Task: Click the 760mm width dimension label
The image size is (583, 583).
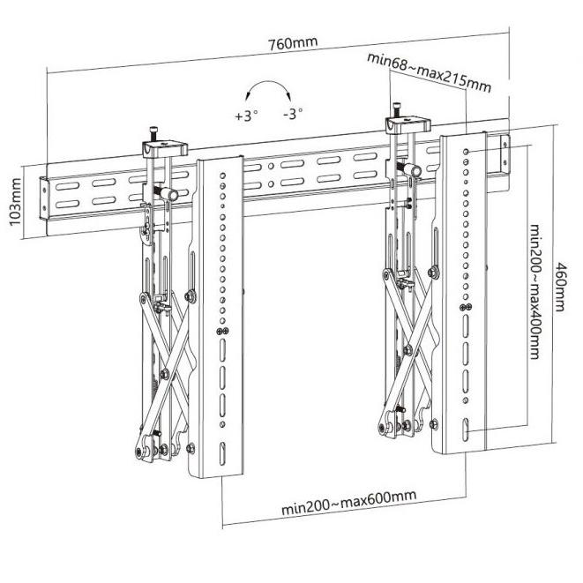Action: pos(293,43)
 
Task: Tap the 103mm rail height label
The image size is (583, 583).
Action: pos(15,202)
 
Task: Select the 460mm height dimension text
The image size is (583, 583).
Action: pos(560,287)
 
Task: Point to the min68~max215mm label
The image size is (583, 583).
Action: pos(429,73)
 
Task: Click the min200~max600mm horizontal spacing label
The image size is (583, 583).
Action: pos(348,503)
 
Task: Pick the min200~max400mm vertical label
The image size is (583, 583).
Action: pos(534,291)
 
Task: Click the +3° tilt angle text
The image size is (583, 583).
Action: pos(246,116)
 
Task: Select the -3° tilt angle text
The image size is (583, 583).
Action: pos(293,114)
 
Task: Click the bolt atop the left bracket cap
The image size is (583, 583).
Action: pos(154,133)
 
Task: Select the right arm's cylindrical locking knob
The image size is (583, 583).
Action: pos(411,170)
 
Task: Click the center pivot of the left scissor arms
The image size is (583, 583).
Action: pos(165,374)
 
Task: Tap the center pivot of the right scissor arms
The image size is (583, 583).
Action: pos(408,350)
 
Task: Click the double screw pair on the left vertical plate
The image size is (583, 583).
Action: pos(222,331)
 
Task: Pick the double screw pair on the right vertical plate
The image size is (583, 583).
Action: pos(466,307)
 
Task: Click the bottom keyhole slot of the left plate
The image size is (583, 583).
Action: pos(222,453)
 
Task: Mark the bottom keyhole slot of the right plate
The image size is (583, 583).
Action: pos(466,430)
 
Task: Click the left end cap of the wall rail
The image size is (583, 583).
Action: pos(44,199)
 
